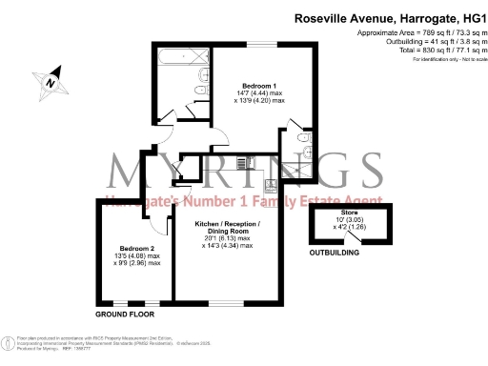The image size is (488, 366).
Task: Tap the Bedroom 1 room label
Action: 246,84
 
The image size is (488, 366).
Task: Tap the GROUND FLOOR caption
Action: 125,314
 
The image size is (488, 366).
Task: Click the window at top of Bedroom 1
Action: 263,44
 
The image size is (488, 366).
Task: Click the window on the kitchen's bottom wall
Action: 234,305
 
